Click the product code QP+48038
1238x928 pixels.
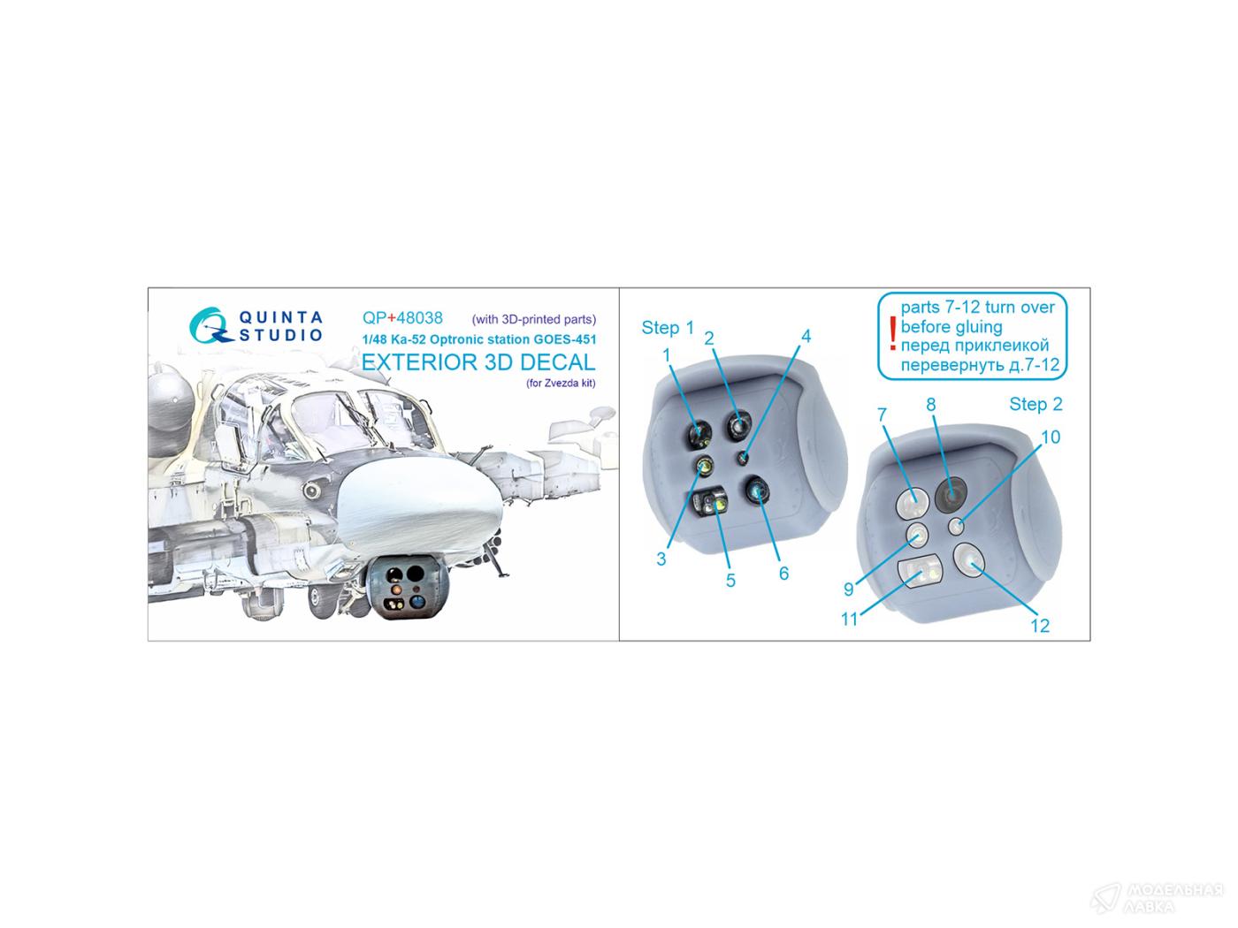(x=402, y=318)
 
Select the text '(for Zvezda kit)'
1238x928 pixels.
(x=561, y=384)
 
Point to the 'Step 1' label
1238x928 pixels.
(x=668, y=328)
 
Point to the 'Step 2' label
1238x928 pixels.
(x=1035, y=404)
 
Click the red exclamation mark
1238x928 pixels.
(x=892, y=333)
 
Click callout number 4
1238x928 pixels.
(x=806, y=337)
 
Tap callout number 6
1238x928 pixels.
(x=783, y=573)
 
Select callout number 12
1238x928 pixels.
(x=1040, y=626)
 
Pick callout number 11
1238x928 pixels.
(x=850, y=620)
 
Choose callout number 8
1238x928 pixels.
(x=930, y=404)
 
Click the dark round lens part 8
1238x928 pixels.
(x=951, y=493)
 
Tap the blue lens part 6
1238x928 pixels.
(x=756, y=491)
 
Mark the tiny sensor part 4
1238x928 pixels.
(x=744, y=458)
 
